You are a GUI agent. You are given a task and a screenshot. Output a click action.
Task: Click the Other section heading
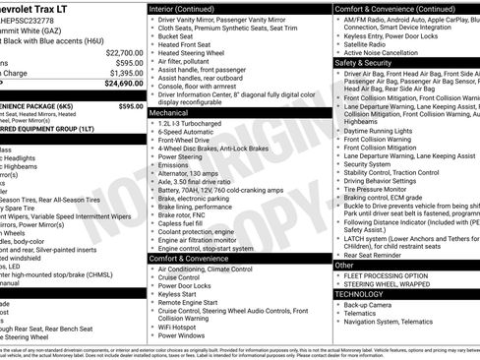point(344,266)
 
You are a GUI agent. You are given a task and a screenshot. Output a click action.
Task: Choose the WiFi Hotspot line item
point(181,325)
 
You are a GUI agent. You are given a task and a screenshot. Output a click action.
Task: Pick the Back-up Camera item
point(369,305)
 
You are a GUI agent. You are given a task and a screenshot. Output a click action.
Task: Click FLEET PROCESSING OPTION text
point(390,275)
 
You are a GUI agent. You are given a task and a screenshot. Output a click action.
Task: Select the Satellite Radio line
point(369,44)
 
